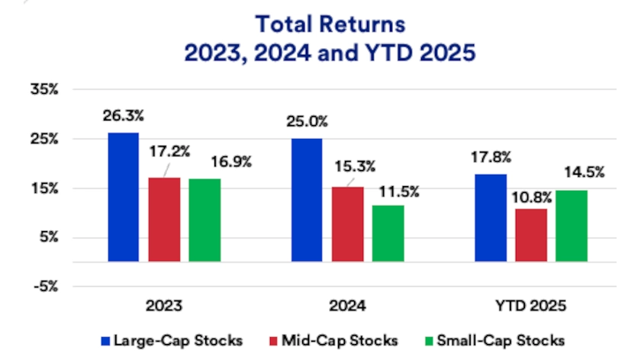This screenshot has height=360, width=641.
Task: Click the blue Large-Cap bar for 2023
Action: (x=124, y=197)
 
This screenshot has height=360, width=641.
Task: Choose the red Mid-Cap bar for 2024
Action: (x=348, y=224)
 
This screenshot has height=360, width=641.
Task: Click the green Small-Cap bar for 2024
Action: (x=388, y=233)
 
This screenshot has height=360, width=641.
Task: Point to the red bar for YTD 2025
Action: (x=532, y=235)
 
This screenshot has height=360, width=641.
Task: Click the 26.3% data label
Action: (x=124, y=116)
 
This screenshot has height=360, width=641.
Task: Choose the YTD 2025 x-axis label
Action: (x=532, y=307)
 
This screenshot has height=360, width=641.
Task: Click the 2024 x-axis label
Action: (x=348, y=307)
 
